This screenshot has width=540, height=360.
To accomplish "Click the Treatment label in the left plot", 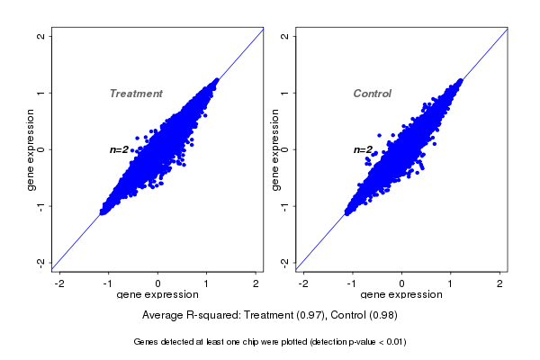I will [x=136, y=94].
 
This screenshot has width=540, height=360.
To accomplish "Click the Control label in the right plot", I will [x=373, y=94].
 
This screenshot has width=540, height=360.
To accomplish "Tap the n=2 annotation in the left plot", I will [x=120, y=149].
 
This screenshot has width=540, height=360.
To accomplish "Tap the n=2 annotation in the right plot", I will [x=363, y=149].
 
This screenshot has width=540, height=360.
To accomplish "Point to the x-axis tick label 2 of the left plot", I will [x=256, y=284].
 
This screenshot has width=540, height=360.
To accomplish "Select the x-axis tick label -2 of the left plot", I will [x=59, y=284].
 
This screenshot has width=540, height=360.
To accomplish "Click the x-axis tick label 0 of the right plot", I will [x=402, y=284].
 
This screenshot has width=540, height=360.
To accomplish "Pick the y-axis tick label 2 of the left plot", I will [x=41, y=36].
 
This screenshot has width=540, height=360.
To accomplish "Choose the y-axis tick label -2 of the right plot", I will [x=285, y=262].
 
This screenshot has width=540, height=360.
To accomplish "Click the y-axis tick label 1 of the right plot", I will [x=285, y=93].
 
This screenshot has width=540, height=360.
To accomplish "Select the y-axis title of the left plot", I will [x=31, y=150].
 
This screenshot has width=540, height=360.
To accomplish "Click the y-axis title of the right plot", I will [x=274, y=150].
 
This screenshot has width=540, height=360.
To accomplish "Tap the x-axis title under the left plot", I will [x=157, y=295].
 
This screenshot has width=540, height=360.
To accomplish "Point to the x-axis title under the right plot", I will [x=401, y=295].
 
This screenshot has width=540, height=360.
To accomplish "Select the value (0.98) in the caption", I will [x=382, y=316].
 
